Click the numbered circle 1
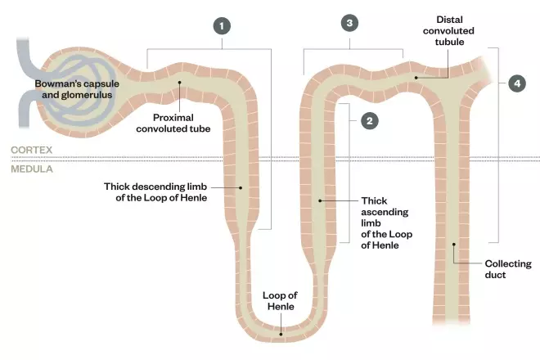pos(221,25)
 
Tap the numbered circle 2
pos(370,120)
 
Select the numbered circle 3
pos(349,24)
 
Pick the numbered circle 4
pos(516,83)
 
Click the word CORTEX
pos(30,151)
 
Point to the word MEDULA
pos(30,169)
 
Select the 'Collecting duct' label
pos(507,269)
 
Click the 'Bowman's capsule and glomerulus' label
pos(74,89)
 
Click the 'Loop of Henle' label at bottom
pos(281,301)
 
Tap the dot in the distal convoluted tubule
pos(416,78)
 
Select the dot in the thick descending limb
pos(240,187)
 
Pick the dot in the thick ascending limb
pos(320,200)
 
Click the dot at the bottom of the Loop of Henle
pos(281,332)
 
